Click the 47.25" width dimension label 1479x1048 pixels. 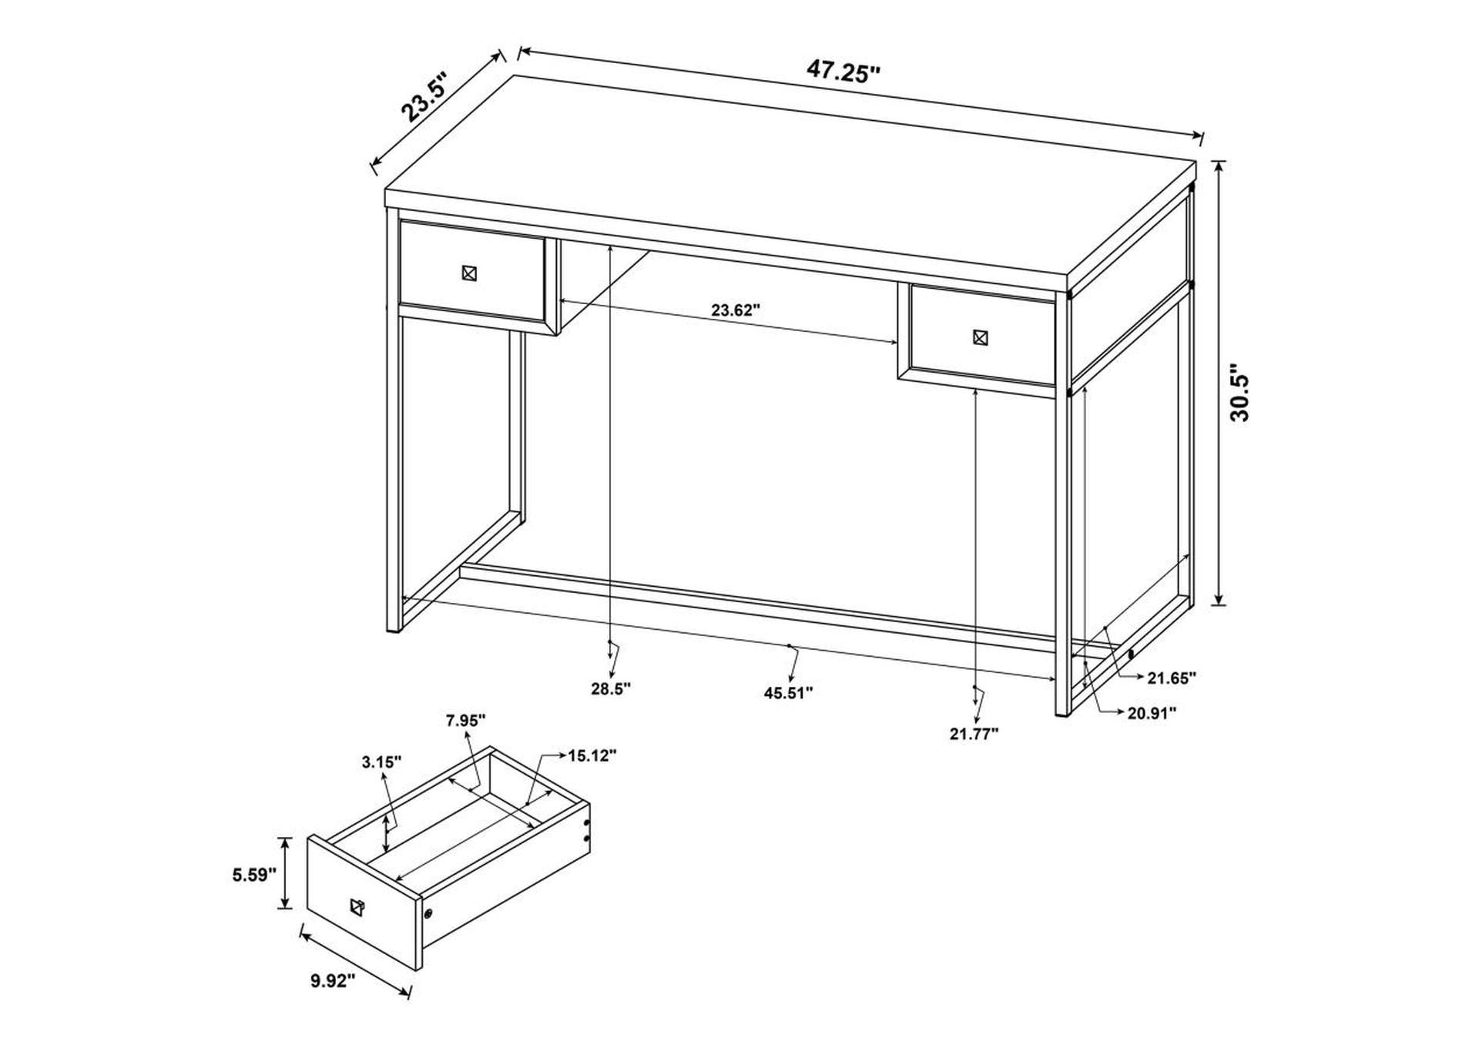(x=843, y=72)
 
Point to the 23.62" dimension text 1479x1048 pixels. (x=735, y=310)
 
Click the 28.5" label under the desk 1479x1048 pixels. (x=611, y=688)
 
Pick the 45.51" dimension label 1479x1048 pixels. (x=788, y=693)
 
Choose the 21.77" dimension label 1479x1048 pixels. (x=974, y=734)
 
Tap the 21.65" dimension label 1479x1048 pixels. (x=1171, y=678)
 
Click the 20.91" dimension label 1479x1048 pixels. (x=1152, y=713)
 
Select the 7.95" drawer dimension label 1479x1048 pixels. (x=465, y=721)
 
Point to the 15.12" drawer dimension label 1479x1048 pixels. (x=592, y=756)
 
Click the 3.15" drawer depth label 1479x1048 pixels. (x=382, y=762)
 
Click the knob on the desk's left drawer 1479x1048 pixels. (x=470, y=273)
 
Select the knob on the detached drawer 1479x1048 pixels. (x=356, y=907)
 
